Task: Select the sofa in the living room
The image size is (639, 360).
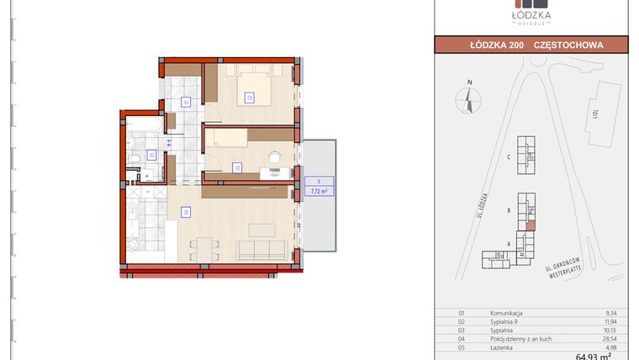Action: tap(262, 249)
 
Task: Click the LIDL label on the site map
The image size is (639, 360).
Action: tap(594, 113)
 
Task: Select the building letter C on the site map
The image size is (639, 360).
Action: tap(510, 157)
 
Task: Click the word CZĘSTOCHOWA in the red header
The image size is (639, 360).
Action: tap(568, 45)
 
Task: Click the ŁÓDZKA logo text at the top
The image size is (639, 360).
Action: tap(531, 16)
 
